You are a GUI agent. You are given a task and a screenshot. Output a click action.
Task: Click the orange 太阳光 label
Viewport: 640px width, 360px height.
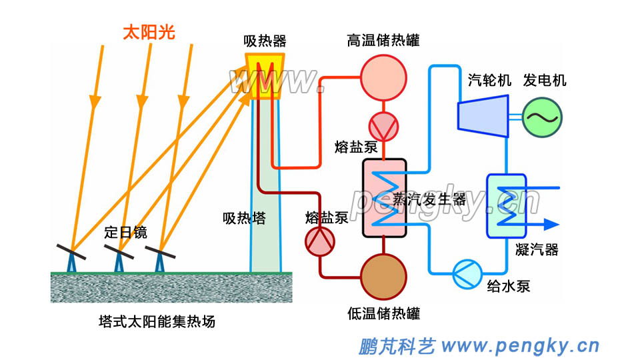[x=149, y=32]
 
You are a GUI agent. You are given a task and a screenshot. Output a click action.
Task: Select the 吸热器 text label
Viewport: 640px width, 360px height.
[x=265, y=41]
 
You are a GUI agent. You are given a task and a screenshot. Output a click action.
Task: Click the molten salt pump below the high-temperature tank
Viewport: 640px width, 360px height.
[x=383, y=125]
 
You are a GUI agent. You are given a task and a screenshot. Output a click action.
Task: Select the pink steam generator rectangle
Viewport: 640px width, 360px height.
[x=384, y=197]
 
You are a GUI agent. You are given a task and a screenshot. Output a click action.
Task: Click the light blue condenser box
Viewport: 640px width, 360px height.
[x=507, y=205]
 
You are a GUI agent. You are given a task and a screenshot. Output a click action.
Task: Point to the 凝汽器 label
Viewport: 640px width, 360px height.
[x=537, y=250]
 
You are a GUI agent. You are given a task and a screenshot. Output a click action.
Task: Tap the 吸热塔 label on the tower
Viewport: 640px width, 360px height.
[x=244, y=218]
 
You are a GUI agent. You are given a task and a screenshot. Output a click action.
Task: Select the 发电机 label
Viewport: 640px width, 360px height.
[x=545, y=81]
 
